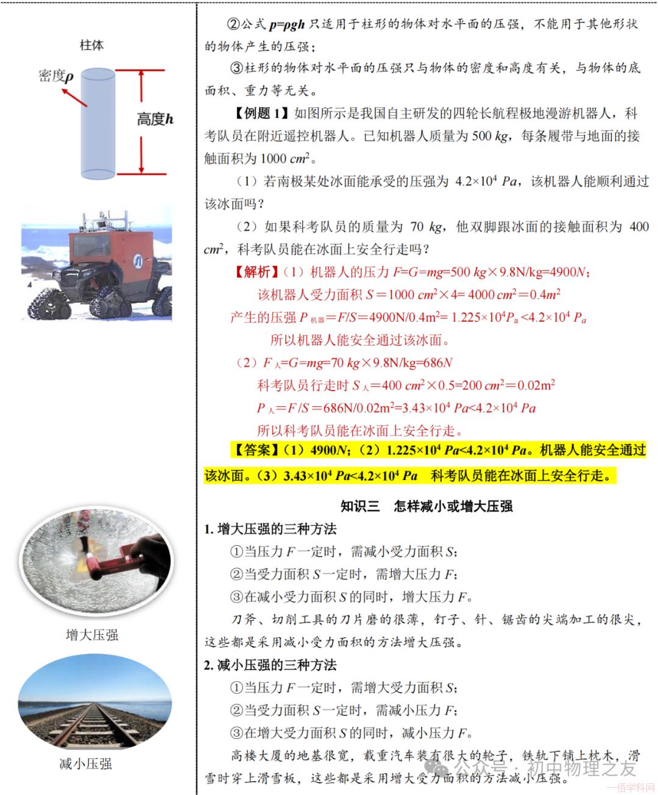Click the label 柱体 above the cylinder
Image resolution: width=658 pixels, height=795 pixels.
(91, 45)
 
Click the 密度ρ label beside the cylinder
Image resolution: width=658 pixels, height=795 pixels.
(55, 76)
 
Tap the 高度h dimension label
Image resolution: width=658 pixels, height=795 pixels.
(155, 119)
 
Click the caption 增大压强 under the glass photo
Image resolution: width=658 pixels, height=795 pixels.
(91, 635)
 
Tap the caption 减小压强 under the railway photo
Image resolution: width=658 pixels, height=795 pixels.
(85, 763)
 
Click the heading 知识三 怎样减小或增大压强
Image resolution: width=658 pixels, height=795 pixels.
(426, 506)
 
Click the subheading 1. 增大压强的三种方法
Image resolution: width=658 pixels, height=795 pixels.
(270, 529)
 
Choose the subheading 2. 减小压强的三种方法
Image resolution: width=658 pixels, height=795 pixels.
(270, 665)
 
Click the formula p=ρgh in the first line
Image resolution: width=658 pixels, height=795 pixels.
(286, 24)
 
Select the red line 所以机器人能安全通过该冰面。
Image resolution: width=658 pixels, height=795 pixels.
(360, 340)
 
